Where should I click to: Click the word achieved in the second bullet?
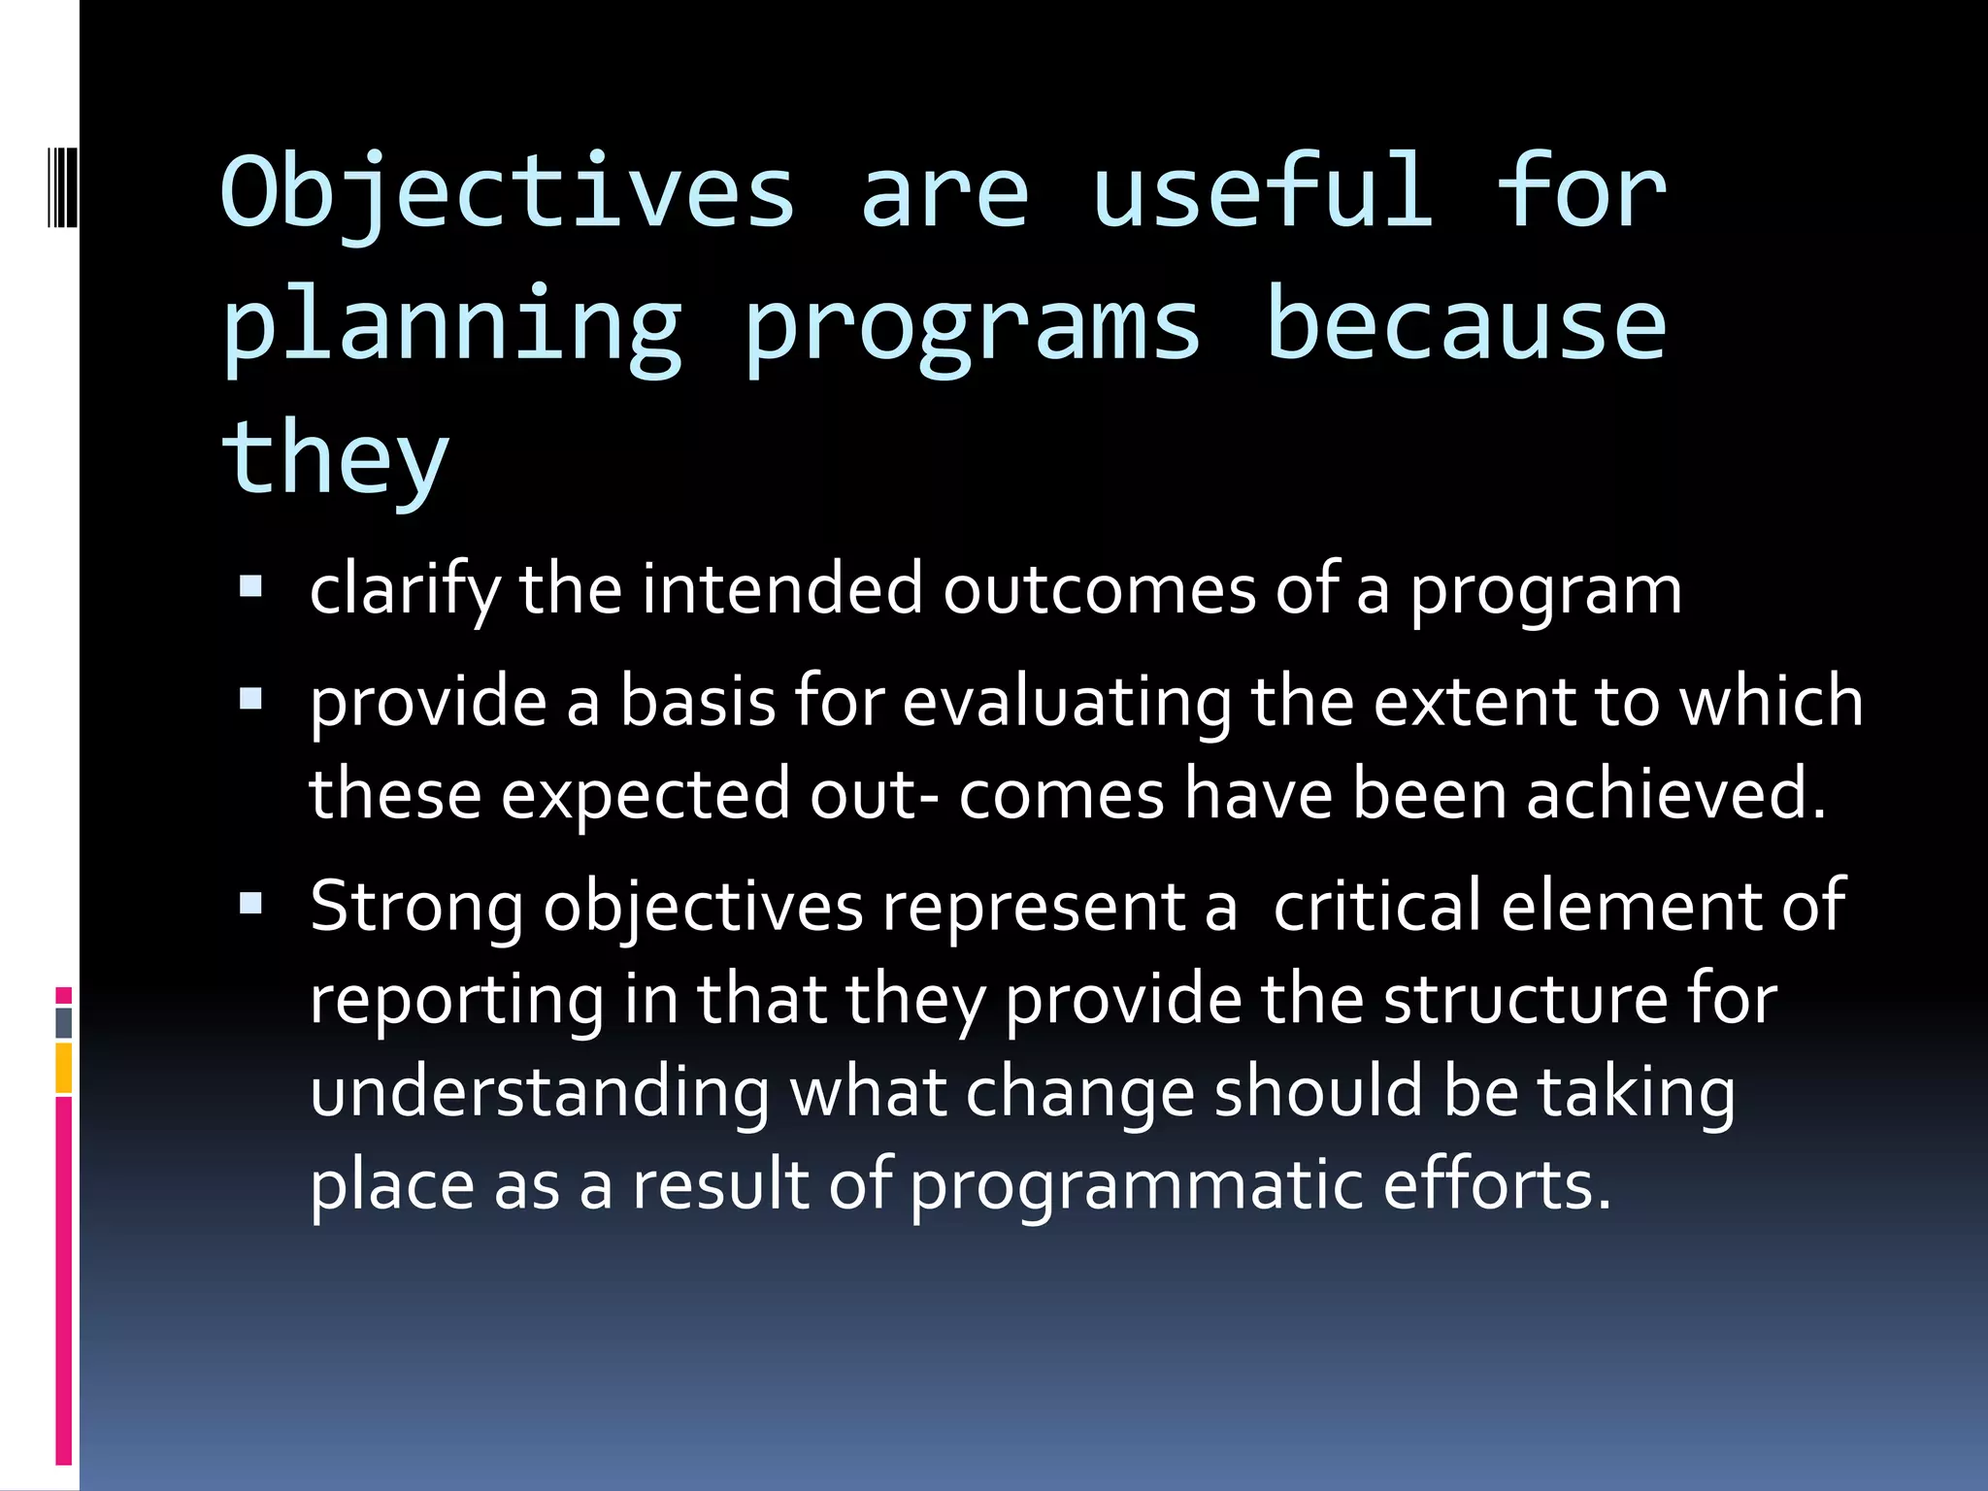(1675, 794)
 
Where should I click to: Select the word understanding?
(540, 1092)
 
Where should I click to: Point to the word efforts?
(1496, 1184)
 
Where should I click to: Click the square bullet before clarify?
(251, 586)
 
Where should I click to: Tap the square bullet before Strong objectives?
(251, 904)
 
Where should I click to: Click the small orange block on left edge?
(63, 1068)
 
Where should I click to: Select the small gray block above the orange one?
(63, 1023)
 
